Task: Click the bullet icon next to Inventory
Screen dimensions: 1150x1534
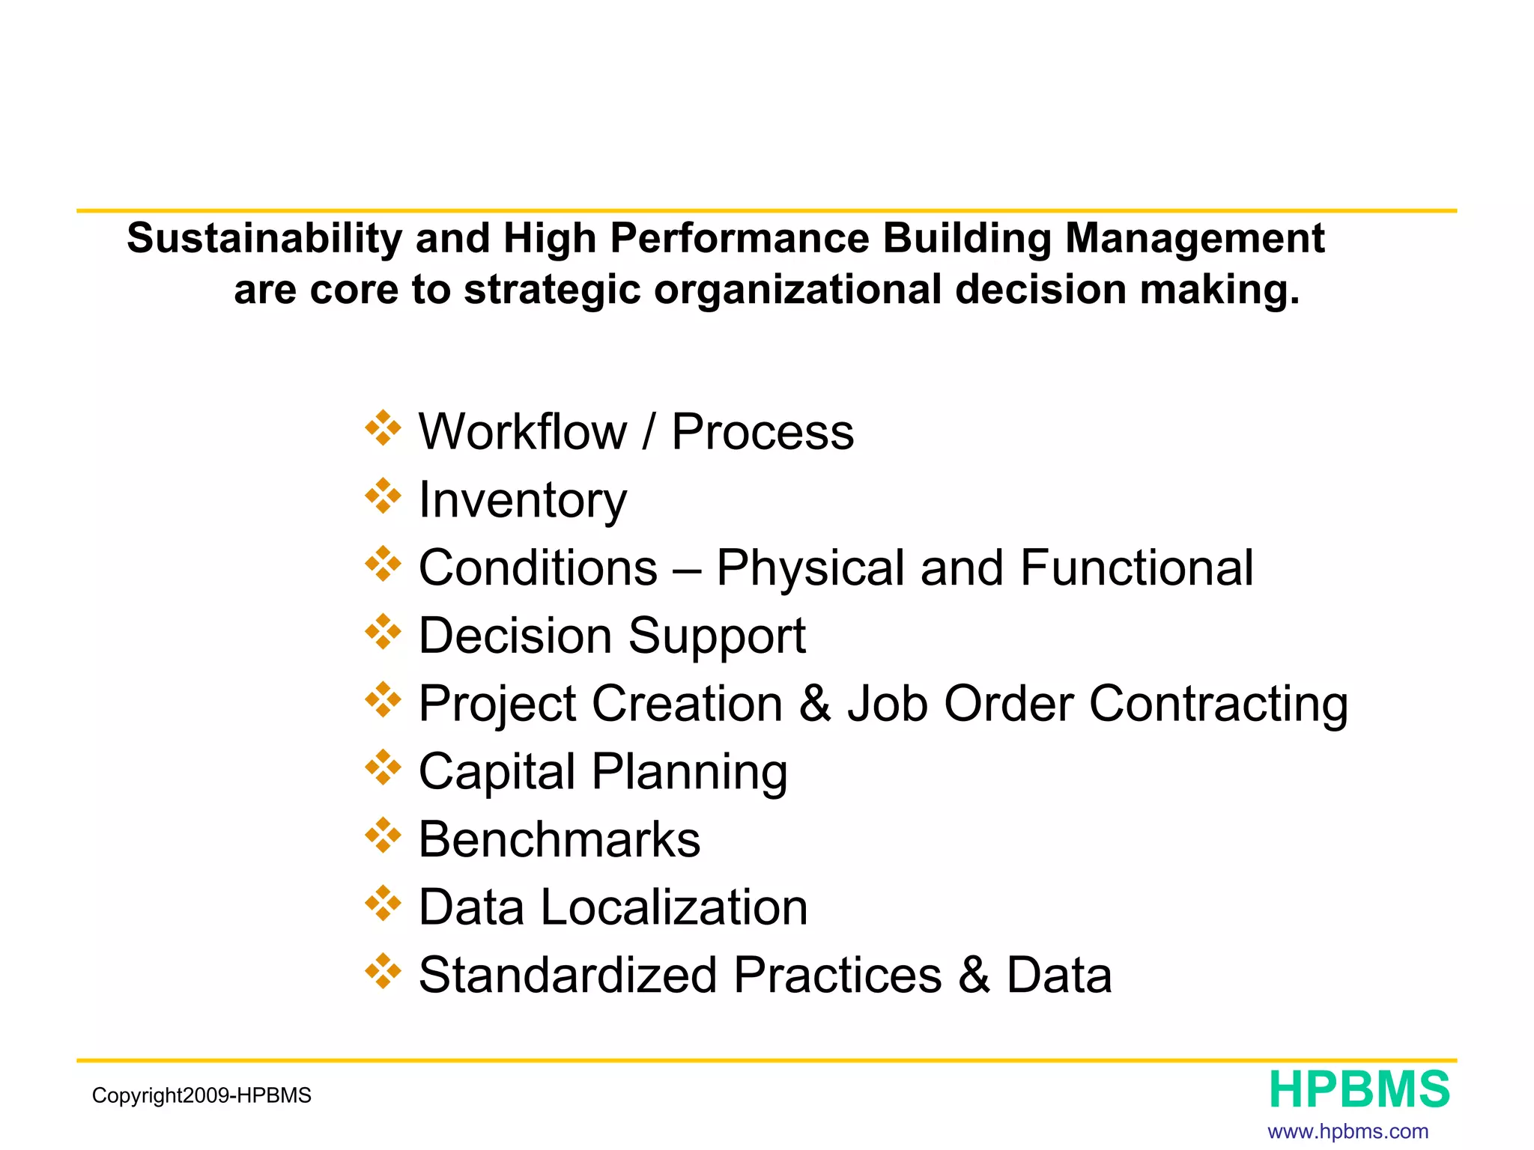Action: tap(383, 496)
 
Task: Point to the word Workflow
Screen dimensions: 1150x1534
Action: tap(522, 432)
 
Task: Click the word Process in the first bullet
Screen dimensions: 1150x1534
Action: tap(762, 432)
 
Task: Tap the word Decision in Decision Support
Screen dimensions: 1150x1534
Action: tap(515, 636)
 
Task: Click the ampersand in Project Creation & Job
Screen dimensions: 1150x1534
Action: tap(815, 704)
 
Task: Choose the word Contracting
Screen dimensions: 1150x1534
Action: tap(1218, 704)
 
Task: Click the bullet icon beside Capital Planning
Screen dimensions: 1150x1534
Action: tap(383, 768)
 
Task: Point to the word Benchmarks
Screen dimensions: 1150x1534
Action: tap(559, 839)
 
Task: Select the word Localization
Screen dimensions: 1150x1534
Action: tap(673, 907)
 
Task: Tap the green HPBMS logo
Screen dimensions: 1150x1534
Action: tap(1359, 1090)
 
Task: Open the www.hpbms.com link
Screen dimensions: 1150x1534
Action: tap(1347, 1131)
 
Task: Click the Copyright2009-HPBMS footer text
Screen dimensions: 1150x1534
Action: tap(201, 1096)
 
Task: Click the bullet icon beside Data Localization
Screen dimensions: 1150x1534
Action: tap(383, 904)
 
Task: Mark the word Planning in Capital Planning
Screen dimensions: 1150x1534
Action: tap(689, 772)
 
